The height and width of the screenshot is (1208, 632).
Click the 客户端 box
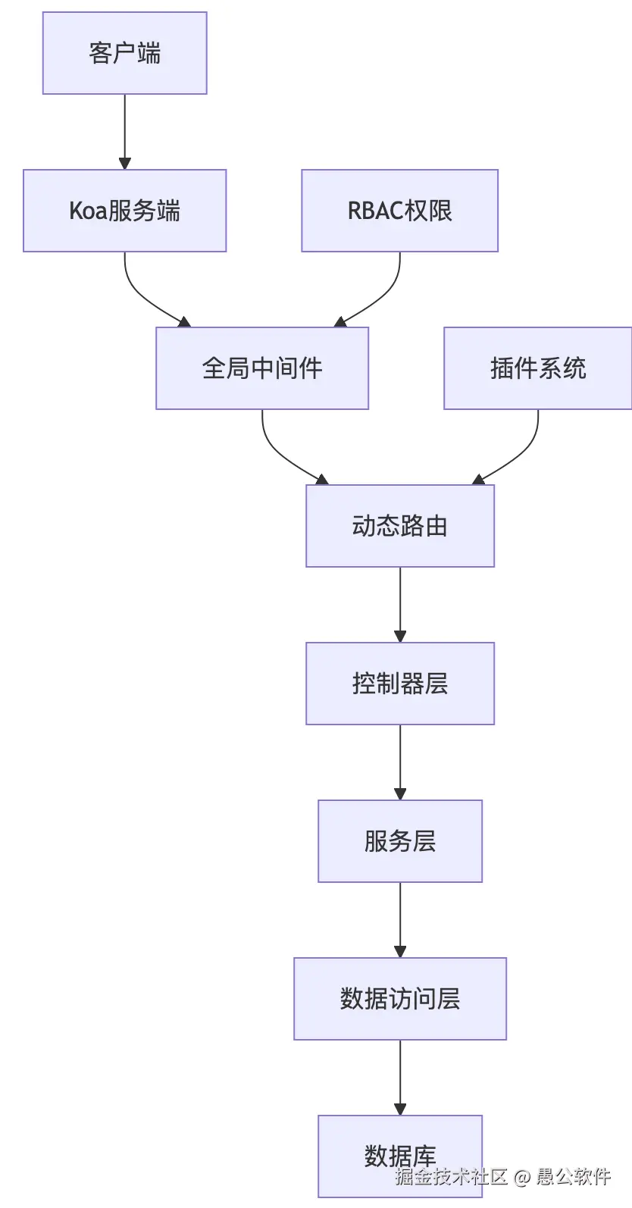coord(124,53)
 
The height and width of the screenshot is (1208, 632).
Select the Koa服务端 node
coord(124,211)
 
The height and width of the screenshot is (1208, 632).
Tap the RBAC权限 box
coord(399,211)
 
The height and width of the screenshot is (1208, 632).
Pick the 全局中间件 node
coord(262,368)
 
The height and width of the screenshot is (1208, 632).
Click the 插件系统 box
coord(537,368)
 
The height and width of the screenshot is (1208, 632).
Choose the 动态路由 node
coord(399,526)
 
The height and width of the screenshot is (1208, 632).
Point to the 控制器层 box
coord(399,684)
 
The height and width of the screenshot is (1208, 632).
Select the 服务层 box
coord(399,841)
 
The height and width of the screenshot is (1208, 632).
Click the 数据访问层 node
coord(399,999)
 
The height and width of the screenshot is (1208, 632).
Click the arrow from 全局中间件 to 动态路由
coord(280,455)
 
